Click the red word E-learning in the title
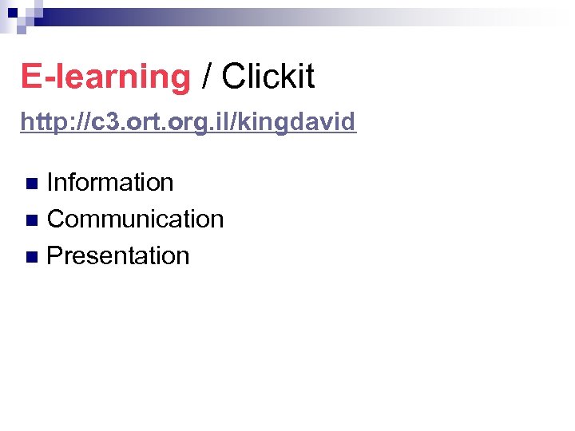(105, 77)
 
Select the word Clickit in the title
(268, 77)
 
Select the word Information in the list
(110, 182)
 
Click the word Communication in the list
(135, 219)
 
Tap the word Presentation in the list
(118, 255)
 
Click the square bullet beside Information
(31, 184)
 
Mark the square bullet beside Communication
(31, 220)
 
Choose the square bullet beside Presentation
(31, 257)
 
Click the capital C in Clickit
(233, 77)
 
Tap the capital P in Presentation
(55, 255)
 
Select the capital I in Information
(50, 182)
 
